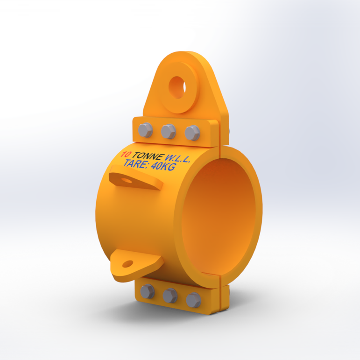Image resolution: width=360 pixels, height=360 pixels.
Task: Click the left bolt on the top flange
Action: pyautogui.click(x=146, y=130)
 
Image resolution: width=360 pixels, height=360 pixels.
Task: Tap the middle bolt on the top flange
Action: pyautogui.click(x=169, y=132)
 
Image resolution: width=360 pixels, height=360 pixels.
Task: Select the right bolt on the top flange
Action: pyautogui.click(x=192, y=133)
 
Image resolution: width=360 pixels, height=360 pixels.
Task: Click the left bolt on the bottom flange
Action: pyautogui.click(x=148, y=291)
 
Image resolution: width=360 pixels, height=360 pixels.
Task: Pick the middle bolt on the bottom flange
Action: pyautogui.click(x=170, y=295)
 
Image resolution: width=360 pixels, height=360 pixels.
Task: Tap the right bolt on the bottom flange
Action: pyautogui.click(x=193, y=299)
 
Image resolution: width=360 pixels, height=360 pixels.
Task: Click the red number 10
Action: pyautogui.click(x=126, y=155)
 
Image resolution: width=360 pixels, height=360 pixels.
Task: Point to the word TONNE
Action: pyautogui.click(x=147, y=156)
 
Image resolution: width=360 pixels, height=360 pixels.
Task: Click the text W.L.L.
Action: pyautogui.click(x=177, y=159)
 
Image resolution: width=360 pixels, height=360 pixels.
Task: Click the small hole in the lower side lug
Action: pyautogui.click(x=127, y=264)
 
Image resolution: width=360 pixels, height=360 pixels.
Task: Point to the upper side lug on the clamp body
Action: pyautogui.click(x=135, y=181)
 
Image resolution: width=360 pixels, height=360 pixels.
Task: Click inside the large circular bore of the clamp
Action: pyautogui.click(x=219, y=215)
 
